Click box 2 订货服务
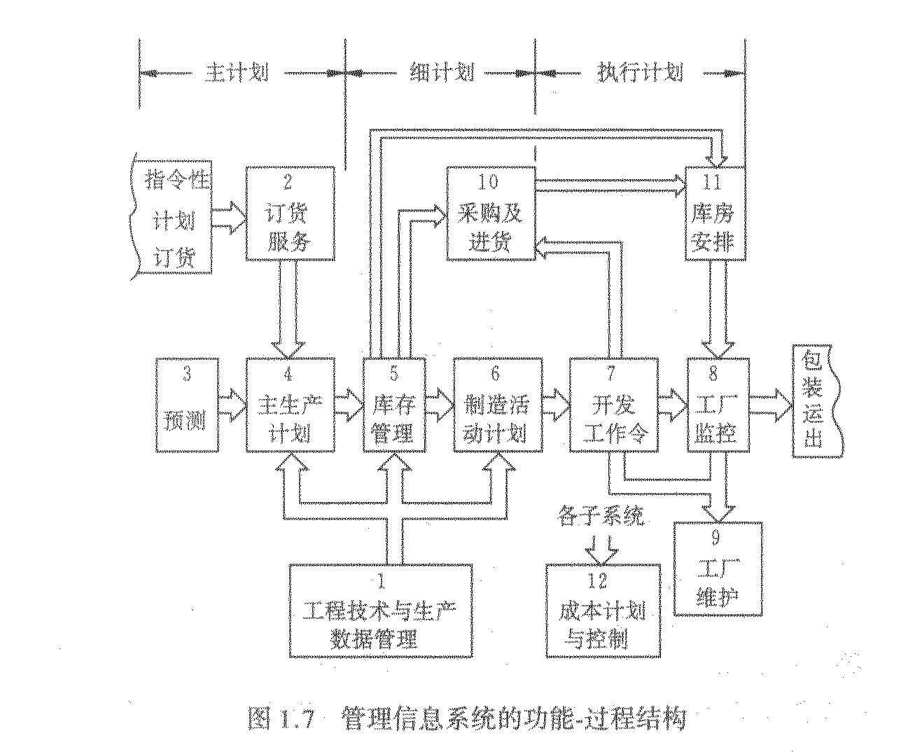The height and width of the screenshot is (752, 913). click(289, 214)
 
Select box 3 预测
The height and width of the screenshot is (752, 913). click(186, 404)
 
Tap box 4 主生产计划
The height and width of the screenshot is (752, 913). click(289, 404)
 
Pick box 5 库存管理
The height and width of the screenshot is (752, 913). click(393, 404)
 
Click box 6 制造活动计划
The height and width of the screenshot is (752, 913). click(498, 404)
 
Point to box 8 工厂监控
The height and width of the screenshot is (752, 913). click(717, 404)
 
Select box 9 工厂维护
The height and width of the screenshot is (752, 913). click(717, 568)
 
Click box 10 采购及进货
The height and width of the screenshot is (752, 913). click(491, 214)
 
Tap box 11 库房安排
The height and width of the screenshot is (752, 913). click(714, 214)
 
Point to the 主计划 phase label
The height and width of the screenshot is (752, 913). click(236, 74)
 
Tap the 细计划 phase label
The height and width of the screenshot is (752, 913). click(441, 73)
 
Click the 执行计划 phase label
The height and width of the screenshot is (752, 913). click(639, 73)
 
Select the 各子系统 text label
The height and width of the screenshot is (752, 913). click(600, 517)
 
